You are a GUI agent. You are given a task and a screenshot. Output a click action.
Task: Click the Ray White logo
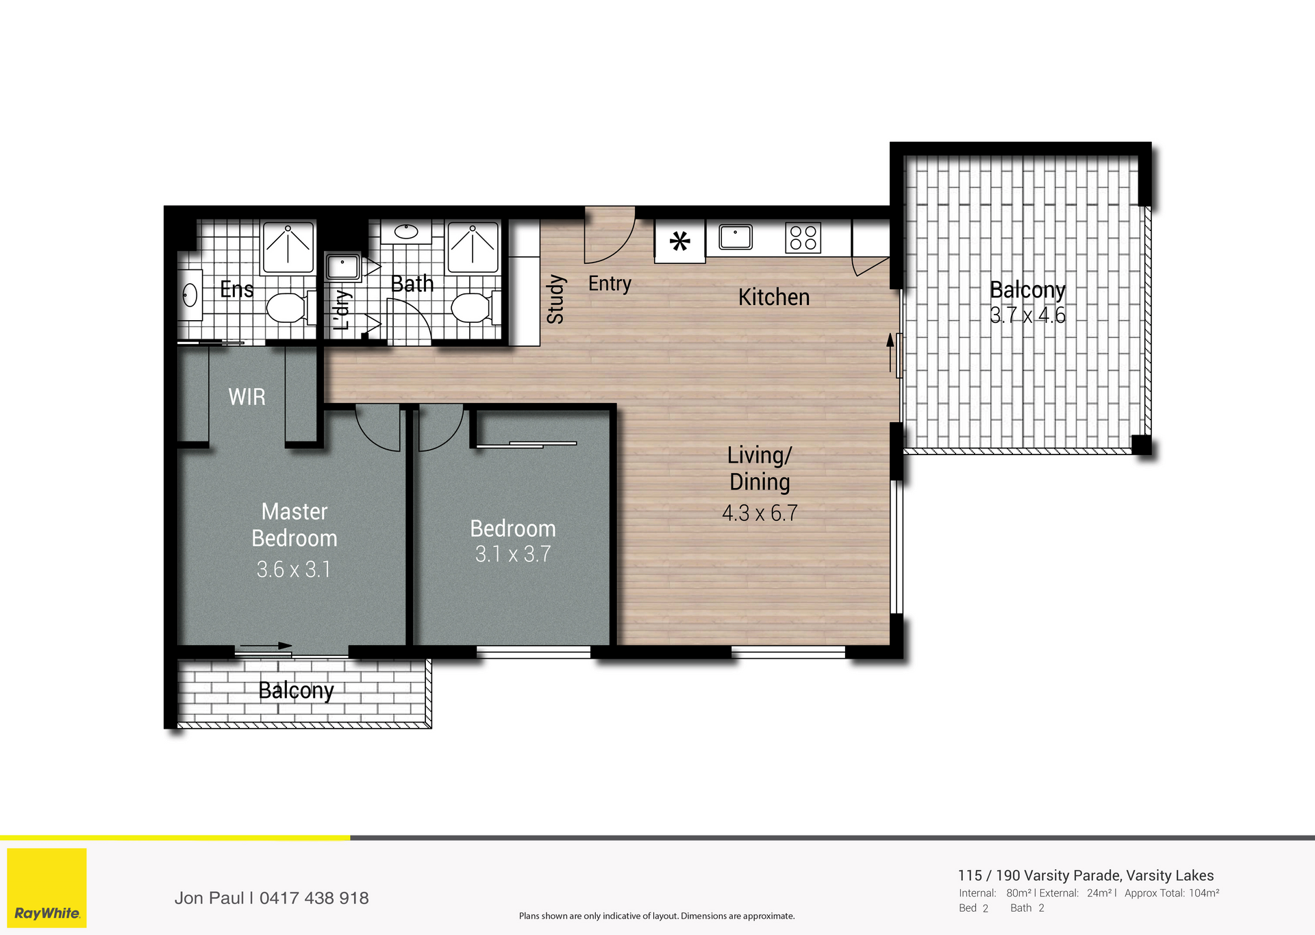click(47, 888)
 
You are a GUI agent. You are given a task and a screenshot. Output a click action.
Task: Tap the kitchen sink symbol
click(736, 237)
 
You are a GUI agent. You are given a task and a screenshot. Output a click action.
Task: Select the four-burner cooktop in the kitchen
click(803, 238)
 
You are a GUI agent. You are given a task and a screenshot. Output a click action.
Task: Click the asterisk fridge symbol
click(679, 241)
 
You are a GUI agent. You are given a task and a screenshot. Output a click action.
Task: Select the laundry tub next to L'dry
click(342, 267)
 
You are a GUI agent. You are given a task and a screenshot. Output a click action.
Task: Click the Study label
click(555, 300)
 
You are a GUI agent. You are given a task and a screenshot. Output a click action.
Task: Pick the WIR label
click(247, 397)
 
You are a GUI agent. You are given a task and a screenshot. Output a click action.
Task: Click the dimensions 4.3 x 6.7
click(760, 513)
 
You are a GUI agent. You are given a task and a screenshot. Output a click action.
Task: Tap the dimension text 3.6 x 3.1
click(294, 569)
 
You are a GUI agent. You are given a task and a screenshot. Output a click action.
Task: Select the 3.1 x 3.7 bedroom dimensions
click(513, 554)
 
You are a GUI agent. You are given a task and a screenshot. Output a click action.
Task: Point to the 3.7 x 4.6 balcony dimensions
click(1027, 315)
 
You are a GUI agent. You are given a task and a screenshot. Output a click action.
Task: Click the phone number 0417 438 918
click(314, 898)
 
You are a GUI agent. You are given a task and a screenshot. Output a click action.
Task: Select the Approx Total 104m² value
click(1204, 893)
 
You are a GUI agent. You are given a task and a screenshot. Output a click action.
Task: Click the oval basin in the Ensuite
click(190, 295)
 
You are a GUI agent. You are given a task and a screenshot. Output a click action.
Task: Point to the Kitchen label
click(774, 297)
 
